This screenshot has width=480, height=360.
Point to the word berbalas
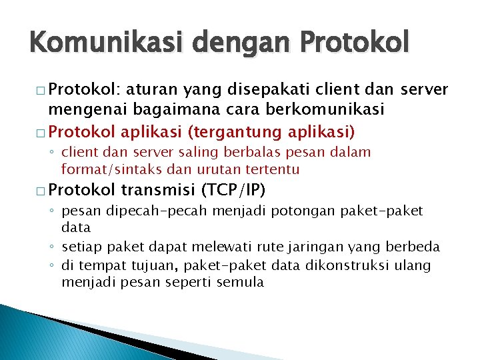(x=242, y=153)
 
